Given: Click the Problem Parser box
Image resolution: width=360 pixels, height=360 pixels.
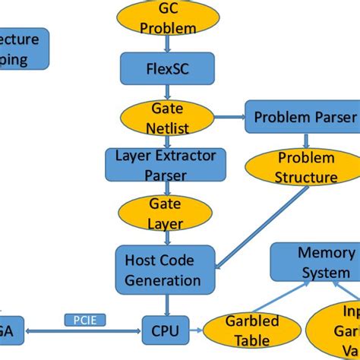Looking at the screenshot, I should click(304, 117).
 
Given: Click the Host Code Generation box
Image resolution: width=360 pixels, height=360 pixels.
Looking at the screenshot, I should click(159, 269).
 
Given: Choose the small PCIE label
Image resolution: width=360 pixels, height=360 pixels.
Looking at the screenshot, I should click(85, 320).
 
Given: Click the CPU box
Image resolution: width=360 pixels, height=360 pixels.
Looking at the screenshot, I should click(164, 330).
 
